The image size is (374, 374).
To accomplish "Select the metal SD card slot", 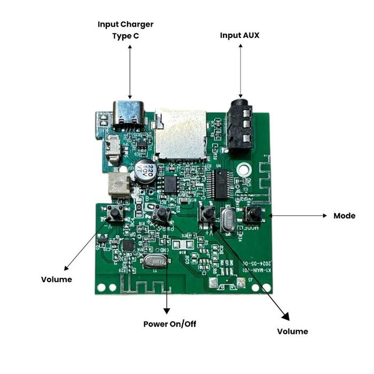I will (x=181, y=134).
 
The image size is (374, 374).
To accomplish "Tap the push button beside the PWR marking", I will (x=161, y=215).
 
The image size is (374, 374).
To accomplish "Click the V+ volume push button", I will (x=206, y=215).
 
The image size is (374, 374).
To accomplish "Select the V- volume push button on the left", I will (x=115, y=215).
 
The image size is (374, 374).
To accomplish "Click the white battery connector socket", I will (x=118, y=185).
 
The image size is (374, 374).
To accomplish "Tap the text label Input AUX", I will (x=240, y=35).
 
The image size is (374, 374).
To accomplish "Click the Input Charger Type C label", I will (x=126, y=30).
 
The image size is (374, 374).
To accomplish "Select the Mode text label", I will (x=344, y=216).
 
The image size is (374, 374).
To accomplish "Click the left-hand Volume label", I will (x=57, y=279).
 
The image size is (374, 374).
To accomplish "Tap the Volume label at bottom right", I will (x=292, y=331).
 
